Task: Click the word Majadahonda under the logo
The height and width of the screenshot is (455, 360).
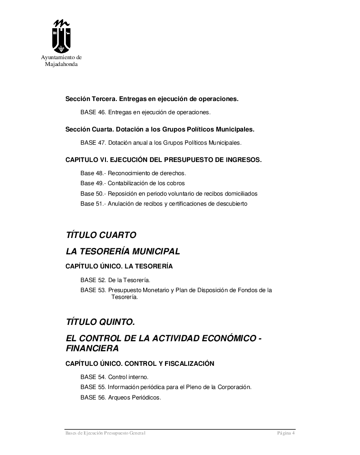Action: tap(61, 64)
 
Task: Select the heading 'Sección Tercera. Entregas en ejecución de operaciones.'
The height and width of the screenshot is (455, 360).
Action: tap(152, 99)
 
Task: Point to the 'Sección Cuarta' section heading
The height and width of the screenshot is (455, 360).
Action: tap(160, 129)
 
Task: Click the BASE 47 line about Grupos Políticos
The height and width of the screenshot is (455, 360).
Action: tap(160, 142)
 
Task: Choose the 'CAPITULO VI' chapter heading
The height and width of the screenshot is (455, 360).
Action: tap(163, 160)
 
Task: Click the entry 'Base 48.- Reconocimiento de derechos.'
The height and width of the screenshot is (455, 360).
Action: tap(133, 173)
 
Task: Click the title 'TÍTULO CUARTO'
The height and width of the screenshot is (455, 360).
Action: tap(101, 235)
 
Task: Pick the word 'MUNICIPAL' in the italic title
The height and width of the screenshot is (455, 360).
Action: tap(155, 251)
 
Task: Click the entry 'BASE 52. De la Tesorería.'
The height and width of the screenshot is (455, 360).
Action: tap(115, 280)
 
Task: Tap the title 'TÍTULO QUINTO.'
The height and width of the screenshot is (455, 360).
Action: tap(100, 322)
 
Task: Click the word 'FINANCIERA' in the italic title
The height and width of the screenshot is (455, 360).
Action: tap(92, 349)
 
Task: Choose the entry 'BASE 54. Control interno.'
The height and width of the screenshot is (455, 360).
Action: tap(114, 377)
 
